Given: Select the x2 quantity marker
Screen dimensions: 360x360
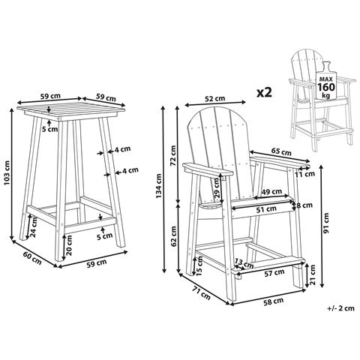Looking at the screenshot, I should [x=264, y=92].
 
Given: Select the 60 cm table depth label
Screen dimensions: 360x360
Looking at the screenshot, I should [x=31, y=258].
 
